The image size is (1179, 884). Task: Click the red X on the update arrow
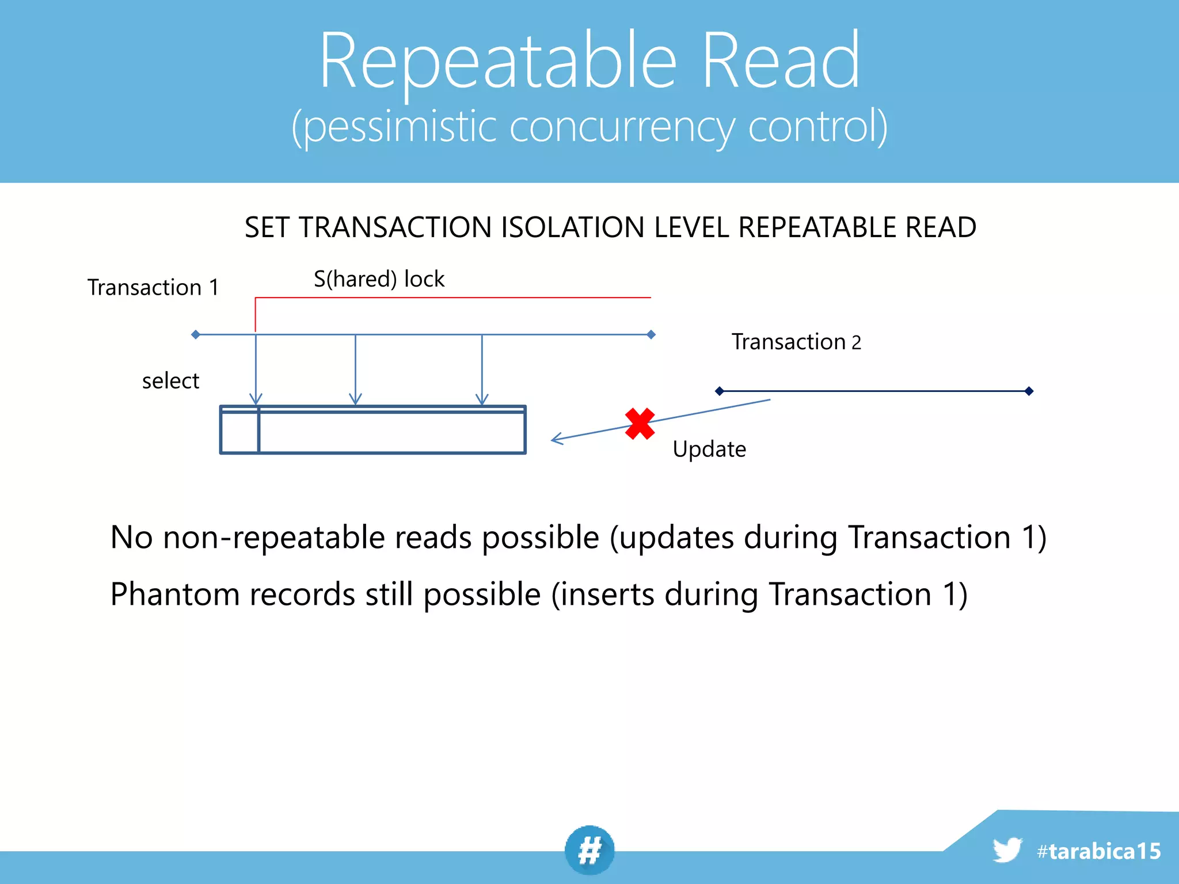click(x=640, y=424)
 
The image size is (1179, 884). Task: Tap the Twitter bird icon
click(x=1007, y=850)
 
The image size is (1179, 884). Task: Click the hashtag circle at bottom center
click(x=589, y=851)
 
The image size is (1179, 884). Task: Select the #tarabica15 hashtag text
click(x=1098, y=851)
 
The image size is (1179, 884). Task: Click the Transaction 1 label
click(x=153, y=287)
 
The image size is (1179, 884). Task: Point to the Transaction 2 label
click(x=796, y=342)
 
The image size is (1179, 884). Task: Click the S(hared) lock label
click(x=379, y=279)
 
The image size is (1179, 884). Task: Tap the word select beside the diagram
click(x=170, y=381)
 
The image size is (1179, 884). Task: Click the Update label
click(x=709, y=449)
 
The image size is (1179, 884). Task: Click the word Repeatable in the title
click(x=498, y=62)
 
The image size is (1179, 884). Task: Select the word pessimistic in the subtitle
click(x=400, y=127)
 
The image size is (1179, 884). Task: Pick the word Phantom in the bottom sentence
click(x=175, y=595)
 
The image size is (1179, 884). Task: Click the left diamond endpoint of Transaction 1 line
click(x=196, y=334)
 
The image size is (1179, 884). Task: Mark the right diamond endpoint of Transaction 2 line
click(x=1029, y=391)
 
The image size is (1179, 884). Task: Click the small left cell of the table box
click(x=239, y=432)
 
